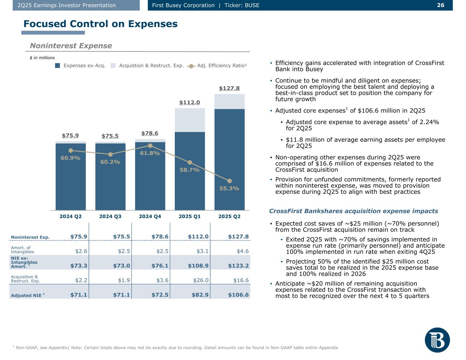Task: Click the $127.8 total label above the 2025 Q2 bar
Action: (x=229, y=88)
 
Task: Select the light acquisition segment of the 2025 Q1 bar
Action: (x=189, y=120)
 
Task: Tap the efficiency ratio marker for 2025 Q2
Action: (x=229, y=181)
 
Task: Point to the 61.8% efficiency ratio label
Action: (x=150, y=153)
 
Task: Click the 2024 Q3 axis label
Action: (x=110, y=216)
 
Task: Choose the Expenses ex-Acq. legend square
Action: (x=58, y=66)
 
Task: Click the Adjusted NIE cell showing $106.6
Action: (x=238, y=295)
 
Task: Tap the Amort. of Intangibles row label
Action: (x=23, y=249)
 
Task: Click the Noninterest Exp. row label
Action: (x=30, y=237)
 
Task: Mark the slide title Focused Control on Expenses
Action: (x=100, y=24)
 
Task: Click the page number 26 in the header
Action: (x=440, y=5)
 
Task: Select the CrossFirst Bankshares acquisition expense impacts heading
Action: (x=353, y=211)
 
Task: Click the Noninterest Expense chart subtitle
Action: (x=71, y=46)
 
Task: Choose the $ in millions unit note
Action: (x=42, y=58)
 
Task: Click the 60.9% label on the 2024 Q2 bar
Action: (x=70, y=158)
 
